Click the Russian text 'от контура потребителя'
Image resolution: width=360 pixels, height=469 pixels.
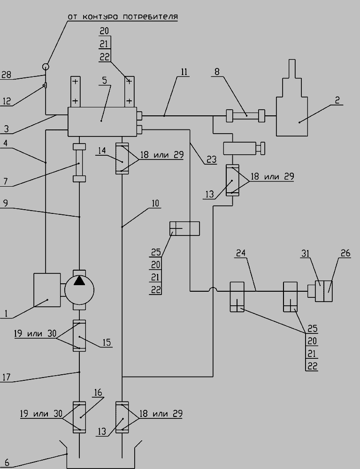123,16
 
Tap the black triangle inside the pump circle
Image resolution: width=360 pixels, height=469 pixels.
79,280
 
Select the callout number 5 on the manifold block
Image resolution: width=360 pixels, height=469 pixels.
105,80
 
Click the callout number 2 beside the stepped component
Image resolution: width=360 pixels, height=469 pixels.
337,100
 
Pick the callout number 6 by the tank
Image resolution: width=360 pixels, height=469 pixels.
7,462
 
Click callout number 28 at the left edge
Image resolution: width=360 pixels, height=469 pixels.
6,75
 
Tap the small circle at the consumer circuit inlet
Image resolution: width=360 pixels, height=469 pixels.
46,67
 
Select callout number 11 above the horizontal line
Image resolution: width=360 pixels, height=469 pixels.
184,72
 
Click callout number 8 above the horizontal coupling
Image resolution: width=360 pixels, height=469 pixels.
217,71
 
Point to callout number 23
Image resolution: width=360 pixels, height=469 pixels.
211,159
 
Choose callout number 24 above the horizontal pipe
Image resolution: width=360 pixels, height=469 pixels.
241,253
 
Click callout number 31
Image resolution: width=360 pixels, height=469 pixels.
305,253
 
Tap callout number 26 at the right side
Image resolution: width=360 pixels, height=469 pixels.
345,253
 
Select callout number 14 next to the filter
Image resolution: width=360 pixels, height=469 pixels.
102,150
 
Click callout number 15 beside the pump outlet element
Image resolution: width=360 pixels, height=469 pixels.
107,342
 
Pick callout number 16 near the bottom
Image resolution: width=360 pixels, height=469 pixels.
99,392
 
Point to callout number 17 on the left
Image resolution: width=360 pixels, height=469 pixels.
6,377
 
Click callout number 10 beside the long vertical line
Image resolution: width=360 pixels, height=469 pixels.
155,204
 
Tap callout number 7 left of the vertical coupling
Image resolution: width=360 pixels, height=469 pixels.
5,181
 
